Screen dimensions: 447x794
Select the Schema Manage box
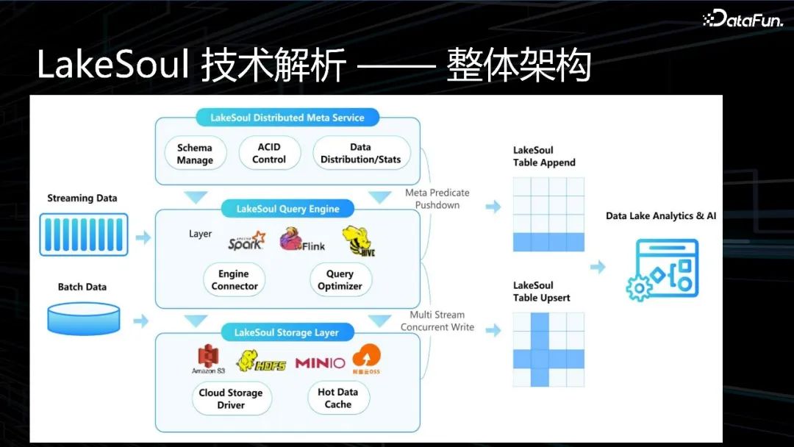[195, 154]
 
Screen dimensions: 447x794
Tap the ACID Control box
[269, 153]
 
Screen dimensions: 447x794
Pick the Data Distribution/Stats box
[360, 153]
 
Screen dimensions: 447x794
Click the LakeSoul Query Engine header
[287, 209]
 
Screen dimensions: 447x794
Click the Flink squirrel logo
[301, 240]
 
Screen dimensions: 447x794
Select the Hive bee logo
[359, 240]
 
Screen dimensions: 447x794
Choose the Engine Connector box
[235, 280]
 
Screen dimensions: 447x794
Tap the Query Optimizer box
[340, 280]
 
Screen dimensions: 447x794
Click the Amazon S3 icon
[208, 360]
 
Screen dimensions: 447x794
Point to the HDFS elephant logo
[261, 360]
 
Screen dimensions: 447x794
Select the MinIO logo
[320, 362]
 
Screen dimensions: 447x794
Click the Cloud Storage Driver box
[231, 398]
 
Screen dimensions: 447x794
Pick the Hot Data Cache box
[338, 398]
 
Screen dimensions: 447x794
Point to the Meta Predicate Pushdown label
[437, 199]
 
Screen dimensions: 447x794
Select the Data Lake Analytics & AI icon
[662, 269]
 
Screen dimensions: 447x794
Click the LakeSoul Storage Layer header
[287, 332]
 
